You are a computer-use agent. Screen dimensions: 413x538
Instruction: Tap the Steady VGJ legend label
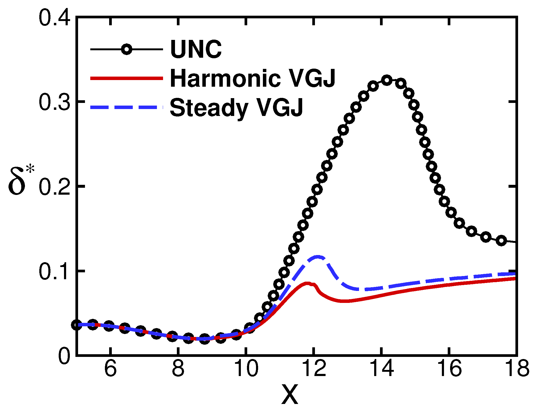click(236, 107)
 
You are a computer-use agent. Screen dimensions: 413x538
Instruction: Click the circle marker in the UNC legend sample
click(127, 49)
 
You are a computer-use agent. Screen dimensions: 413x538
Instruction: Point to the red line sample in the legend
click(127, 78)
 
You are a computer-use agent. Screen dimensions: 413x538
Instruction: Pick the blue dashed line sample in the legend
click(127, 107)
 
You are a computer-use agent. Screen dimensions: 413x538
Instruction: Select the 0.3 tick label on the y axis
click(54, 102)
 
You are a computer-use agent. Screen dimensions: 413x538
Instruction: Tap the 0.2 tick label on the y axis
click(54, 187)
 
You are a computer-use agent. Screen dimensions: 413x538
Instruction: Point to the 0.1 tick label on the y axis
click(54, 272)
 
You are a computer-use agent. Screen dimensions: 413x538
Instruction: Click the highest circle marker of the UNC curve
click(387, 80)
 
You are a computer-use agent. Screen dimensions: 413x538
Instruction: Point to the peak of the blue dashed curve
click(318, 257)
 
